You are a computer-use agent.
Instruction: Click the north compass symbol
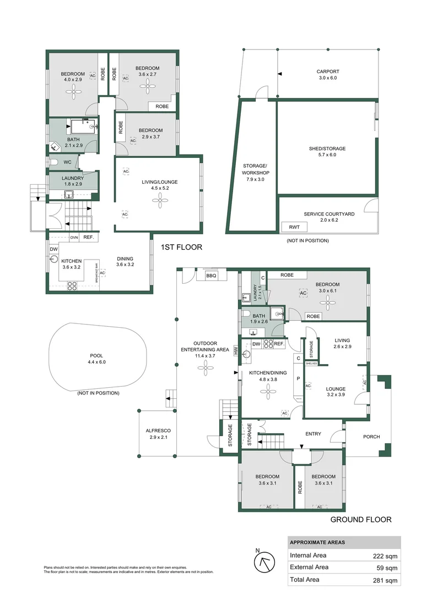[263, 562]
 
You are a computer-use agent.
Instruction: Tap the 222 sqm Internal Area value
[384, 555]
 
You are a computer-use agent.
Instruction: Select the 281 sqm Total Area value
[384, 580]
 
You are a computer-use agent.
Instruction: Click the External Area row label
[309, 567]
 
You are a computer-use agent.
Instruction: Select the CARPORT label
[327, 71]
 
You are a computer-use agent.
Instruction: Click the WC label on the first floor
[67, 162]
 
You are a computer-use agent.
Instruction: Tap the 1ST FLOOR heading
[181, 248]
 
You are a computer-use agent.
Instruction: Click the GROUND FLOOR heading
[360, 519]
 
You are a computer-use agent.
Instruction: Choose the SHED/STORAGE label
[327, 148]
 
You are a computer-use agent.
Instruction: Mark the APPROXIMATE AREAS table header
[317, 542]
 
